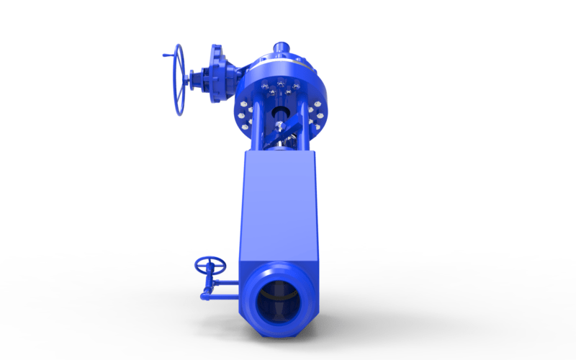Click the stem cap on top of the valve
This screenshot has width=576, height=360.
279,49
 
